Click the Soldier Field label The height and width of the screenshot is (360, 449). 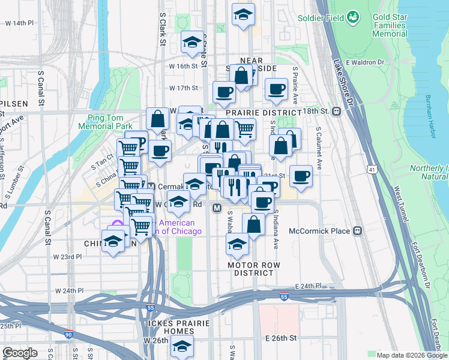321,18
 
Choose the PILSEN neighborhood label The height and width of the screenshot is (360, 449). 14,104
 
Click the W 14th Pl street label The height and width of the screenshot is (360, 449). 19,23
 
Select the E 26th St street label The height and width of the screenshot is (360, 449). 281,338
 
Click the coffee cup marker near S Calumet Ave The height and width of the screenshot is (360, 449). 301,176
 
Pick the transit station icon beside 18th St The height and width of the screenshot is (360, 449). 337,111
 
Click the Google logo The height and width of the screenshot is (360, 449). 20,353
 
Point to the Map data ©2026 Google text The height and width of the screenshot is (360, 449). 411,355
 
